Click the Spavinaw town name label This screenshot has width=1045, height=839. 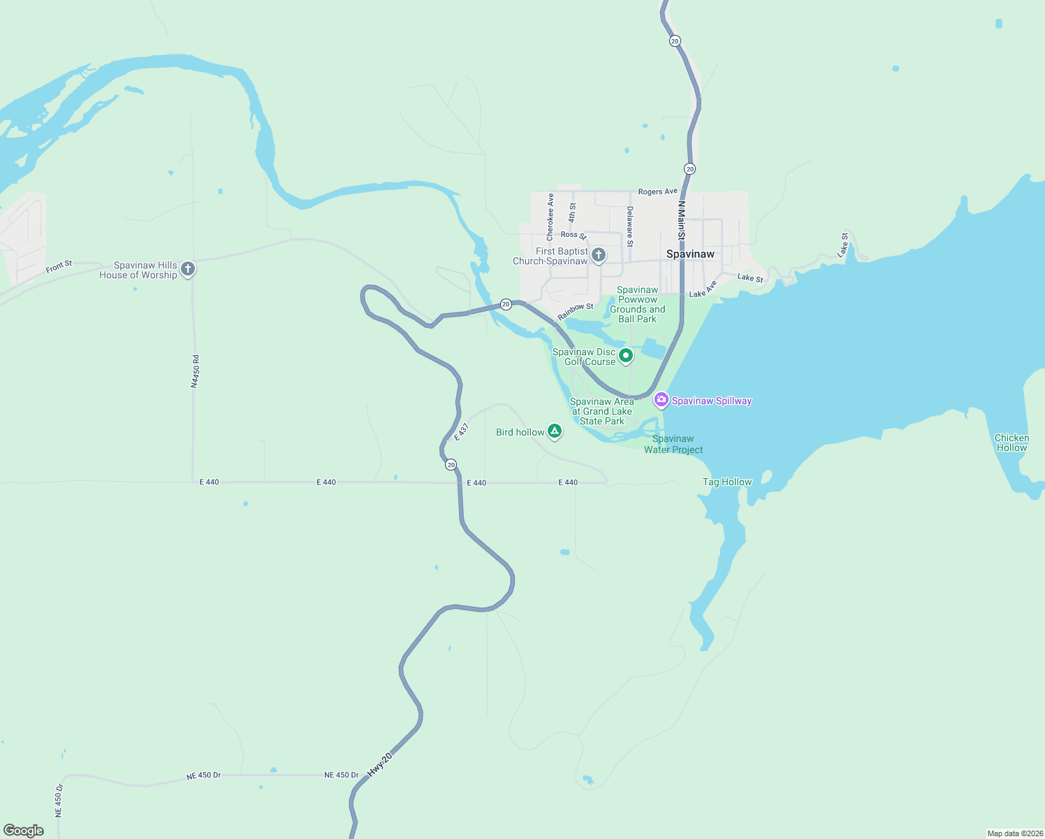(690, 254)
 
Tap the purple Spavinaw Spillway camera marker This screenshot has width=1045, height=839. (661, 400)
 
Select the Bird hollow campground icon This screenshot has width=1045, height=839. (555, 431)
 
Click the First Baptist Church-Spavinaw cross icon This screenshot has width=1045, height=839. (599, 255)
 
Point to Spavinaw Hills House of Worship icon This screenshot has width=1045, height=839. (187, 268)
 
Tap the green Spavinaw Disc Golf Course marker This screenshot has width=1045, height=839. (626, 356)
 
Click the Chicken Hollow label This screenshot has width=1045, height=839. (1011, 443)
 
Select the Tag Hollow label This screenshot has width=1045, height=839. (727, 482)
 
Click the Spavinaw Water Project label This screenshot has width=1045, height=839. (673, 444)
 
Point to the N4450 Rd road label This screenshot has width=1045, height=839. (196, 371)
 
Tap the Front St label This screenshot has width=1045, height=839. (59, 266)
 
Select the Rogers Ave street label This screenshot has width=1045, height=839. (657, 192)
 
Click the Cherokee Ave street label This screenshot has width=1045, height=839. (550, 217)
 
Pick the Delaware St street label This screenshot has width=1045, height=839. (629, 227)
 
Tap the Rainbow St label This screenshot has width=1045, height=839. (575, 312)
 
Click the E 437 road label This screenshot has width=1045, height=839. (462, 431)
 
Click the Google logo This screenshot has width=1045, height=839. (24, 830)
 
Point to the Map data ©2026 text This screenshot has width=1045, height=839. (1015, 833)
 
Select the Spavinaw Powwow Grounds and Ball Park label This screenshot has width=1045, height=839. (637, 304)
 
